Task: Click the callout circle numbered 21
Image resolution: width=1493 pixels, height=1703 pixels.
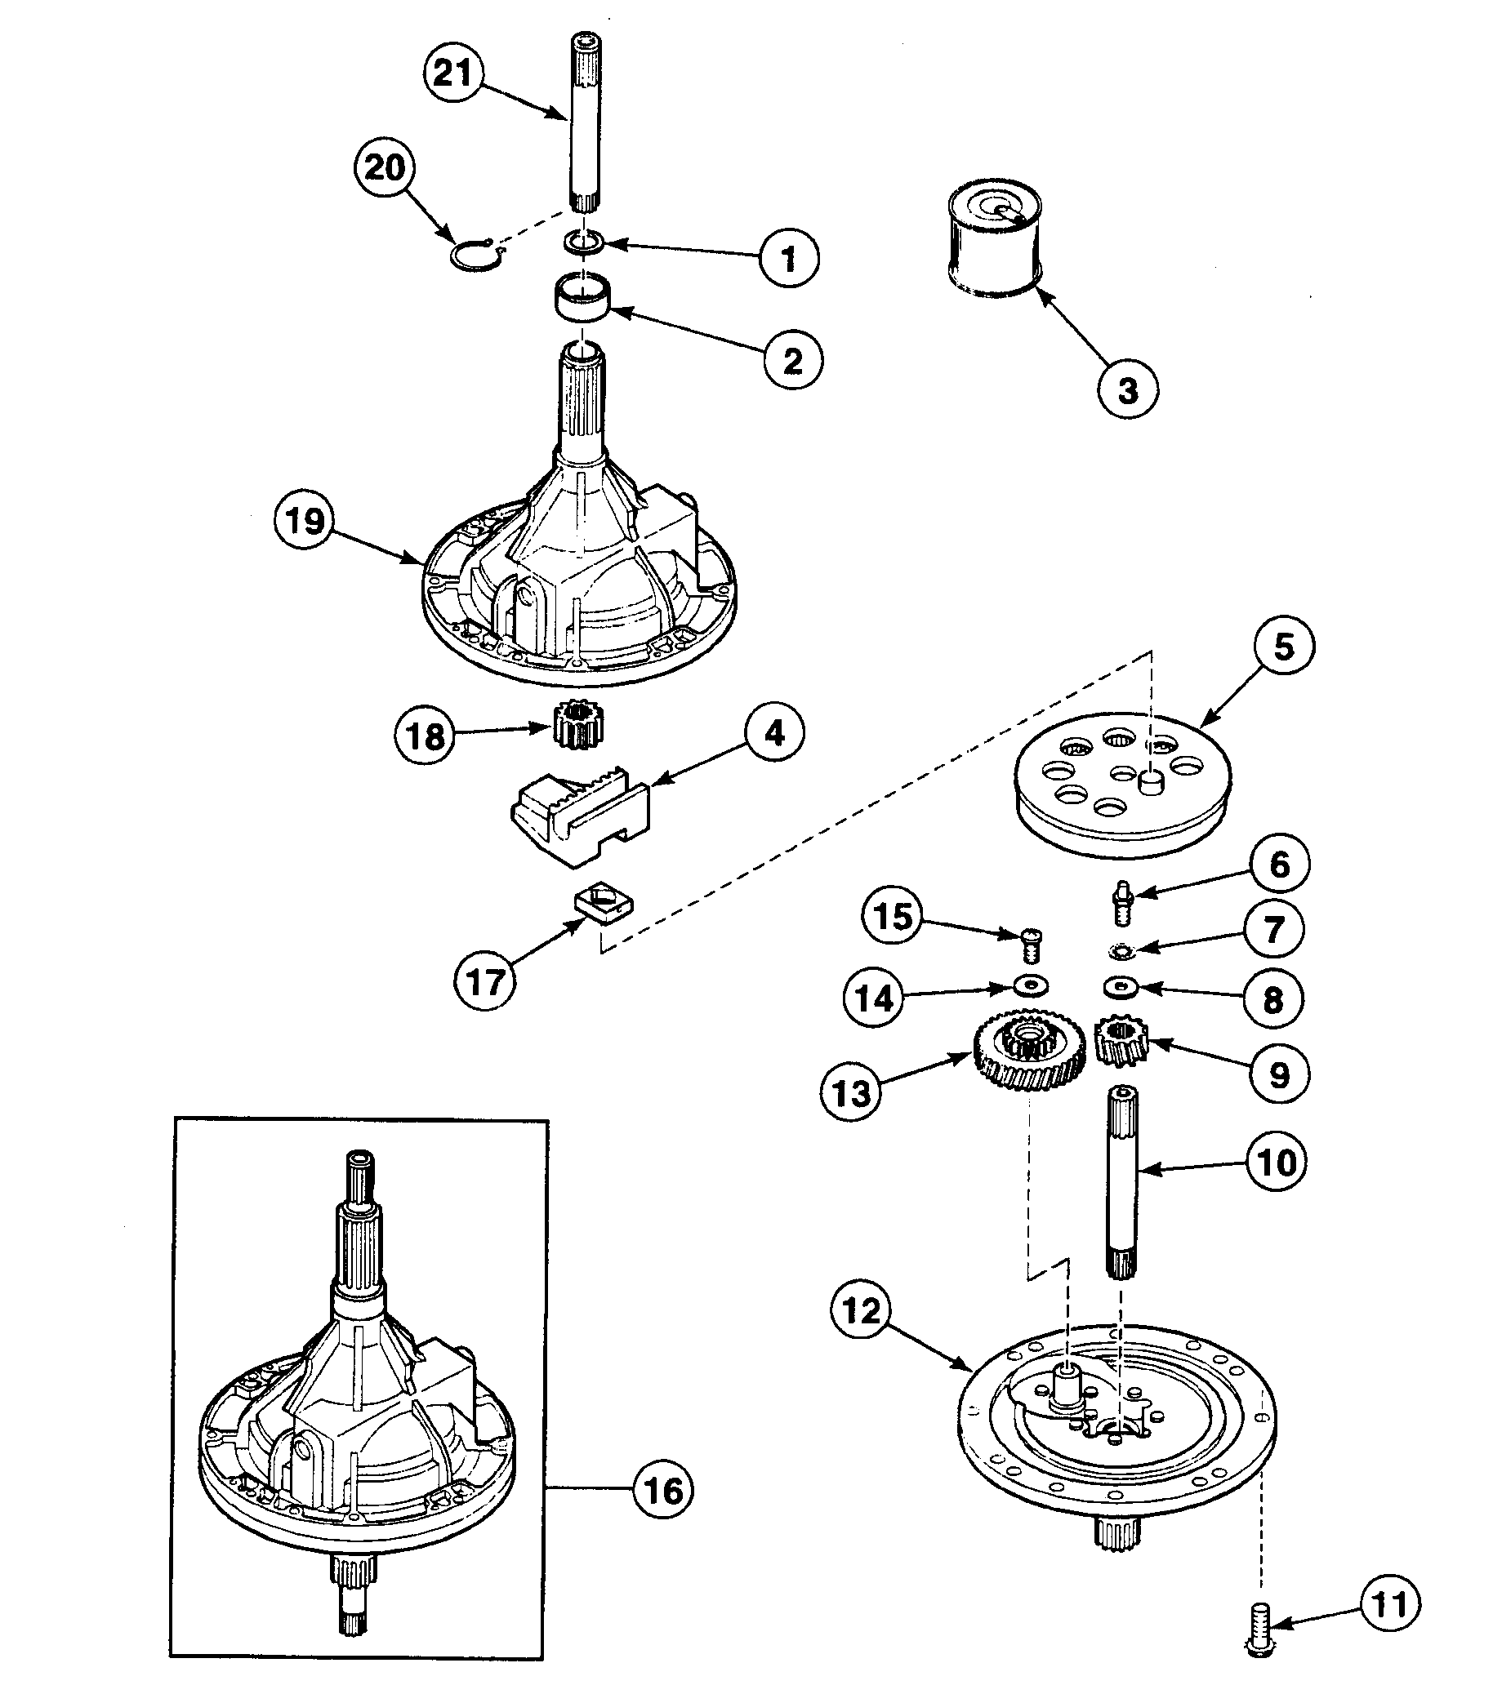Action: tap(453, 73)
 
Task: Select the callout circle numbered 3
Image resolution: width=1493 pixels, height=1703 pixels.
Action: tap(1127, 389)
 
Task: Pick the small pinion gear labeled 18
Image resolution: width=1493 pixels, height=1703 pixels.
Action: tap(581, 723)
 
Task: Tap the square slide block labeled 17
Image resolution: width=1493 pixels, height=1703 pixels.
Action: tap(604, 907)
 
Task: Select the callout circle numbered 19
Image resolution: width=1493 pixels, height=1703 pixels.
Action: tap(304, 521)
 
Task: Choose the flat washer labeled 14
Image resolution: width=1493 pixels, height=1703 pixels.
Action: tap(1031, 986)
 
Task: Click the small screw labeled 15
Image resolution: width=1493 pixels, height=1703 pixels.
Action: tap(1028, 947)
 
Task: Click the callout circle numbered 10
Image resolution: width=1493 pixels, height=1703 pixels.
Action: tap(1277, 1162)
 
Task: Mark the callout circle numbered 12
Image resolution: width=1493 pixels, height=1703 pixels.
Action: tap(861, 1312)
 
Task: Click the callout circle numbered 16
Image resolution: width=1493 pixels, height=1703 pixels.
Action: tap(663, 1491)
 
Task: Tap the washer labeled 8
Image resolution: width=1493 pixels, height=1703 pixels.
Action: tap(1121, 988)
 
